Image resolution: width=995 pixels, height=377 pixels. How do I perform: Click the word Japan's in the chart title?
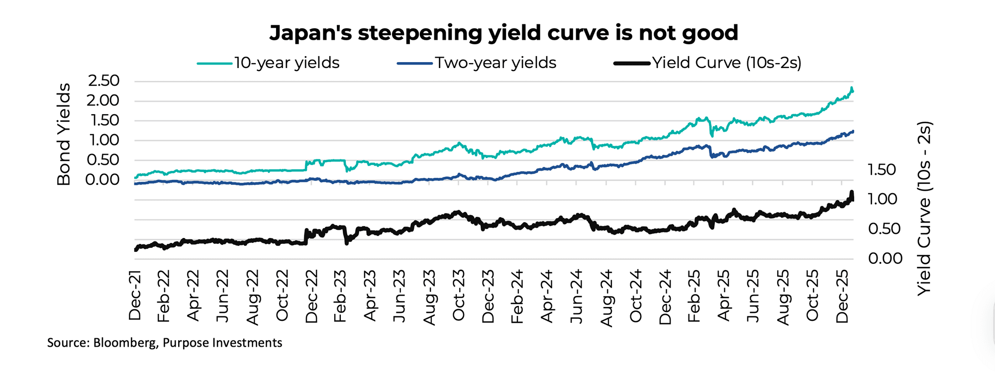coord(309,33)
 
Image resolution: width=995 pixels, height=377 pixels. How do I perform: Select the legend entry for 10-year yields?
coord(287,63)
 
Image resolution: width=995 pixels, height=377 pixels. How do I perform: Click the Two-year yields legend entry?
coord(496,63)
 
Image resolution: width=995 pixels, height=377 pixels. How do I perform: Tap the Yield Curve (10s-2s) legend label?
coord(726,63)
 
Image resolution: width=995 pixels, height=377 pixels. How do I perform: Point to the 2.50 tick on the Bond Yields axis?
coord(103,80)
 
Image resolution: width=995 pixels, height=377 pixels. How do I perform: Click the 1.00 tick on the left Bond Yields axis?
coord(103,140)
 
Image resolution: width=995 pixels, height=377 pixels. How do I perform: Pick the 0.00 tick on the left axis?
coord(103,179)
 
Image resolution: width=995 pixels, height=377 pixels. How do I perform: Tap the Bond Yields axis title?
coord(64,134)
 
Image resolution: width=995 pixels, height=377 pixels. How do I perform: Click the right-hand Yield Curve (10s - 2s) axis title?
coord(923,209)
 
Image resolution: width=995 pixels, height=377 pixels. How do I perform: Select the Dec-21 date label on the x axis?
coord(135,295)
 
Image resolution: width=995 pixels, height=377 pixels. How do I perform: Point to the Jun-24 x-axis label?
coord(576,296)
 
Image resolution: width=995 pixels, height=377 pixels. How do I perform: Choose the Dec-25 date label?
coord(842,296)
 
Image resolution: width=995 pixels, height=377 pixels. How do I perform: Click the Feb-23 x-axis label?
coord(340,296)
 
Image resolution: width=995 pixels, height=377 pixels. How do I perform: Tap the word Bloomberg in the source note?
coord(124,343)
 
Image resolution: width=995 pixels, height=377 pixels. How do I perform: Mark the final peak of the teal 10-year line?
coord(852,88)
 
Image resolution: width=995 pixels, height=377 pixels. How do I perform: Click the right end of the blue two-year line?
coord(853,131)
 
